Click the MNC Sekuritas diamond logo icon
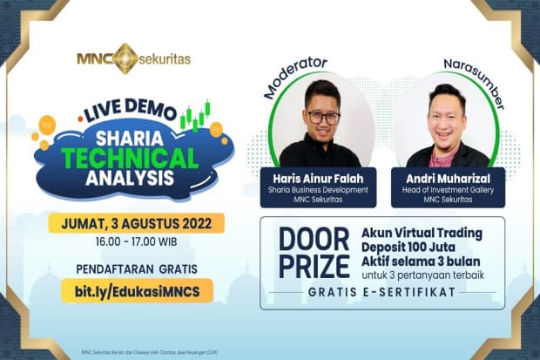pyautogui.click(x=125, y=58)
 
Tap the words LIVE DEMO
pyautogui.click(x=131, y=112)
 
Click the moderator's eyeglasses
pyautogui.click(x=322, y=117)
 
